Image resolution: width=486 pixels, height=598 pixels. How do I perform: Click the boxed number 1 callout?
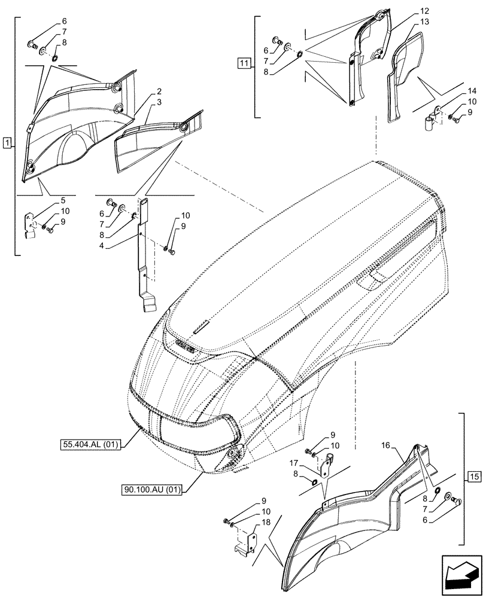coord(7,142)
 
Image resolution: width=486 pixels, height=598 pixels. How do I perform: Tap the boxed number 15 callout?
coord(474,477)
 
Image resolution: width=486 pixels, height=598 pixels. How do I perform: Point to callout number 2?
coord(159,92)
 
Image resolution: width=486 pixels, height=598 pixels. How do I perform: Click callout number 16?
coord(385,446)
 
